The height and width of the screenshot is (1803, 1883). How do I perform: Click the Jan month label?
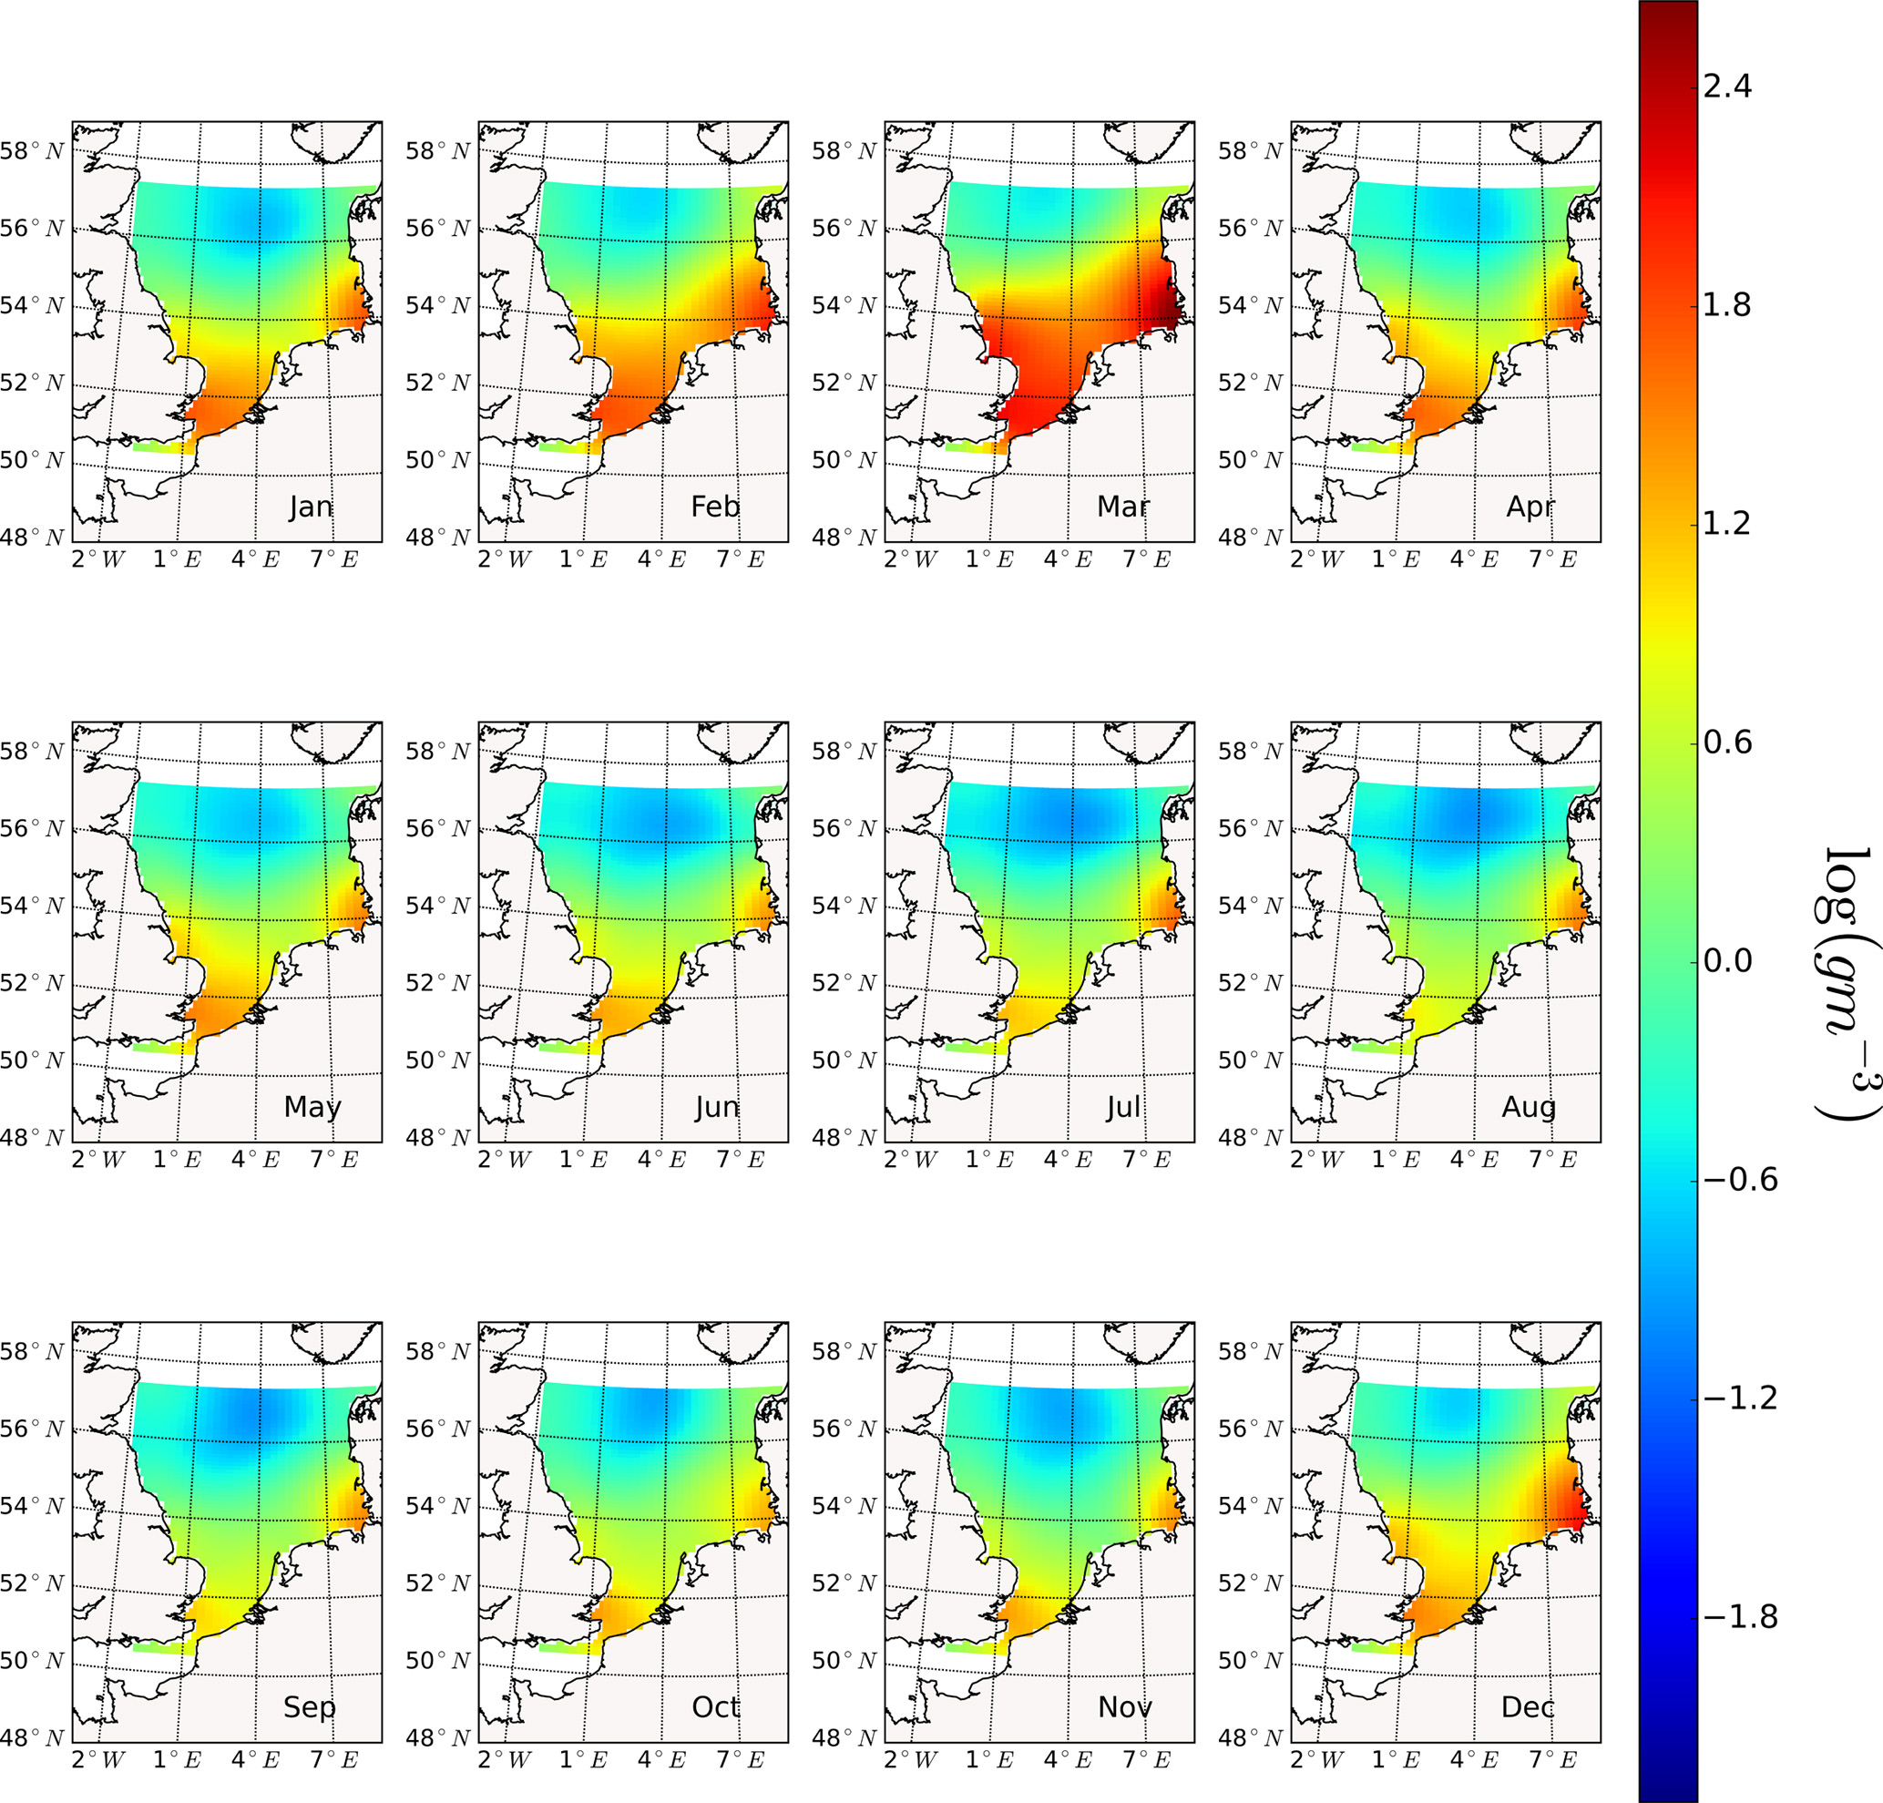(311, 507)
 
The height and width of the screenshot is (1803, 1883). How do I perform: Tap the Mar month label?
(1123, 507)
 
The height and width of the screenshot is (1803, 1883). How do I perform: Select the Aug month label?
(1529, 1107)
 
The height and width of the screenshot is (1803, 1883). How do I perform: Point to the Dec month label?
(1528, 1707)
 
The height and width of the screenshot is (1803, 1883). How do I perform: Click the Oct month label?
(716, 1707)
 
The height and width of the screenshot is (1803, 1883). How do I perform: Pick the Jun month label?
(717, 1108)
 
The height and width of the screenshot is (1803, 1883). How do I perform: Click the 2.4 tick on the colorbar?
(1725, 87)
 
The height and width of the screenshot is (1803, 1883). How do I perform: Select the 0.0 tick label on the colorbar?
(1725, 960)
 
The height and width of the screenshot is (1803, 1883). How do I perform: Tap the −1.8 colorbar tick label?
(1739, 1616)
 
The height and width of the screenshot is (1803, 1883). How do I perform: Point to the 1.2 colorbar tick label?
(1725, 524)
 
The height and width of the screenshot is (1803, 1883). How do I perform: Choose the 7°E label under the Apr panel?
(1552, 559)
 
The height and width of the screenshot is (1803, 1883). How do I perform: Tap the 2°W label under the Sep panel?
(98, 1760)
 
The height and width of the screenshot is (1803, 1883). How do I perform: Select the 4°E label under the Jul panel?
(1068, 1160)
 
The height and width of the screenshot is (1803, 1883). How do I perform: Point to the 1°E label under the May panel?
(177, 1160)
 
